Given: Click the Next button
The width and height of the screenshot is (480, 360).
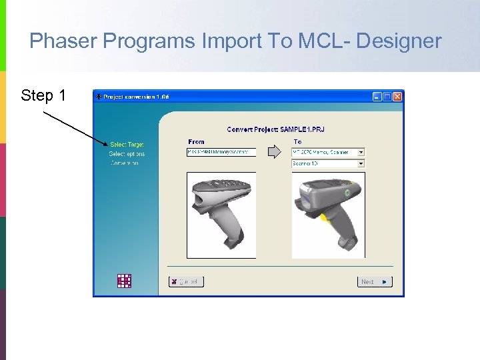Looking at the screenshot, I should point(375,282).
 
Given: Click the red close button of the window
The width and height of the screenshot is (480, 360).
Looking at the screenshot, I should point(397,97).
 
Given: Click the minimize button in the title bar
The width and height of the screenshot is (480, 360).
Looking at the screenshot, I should point(377,97).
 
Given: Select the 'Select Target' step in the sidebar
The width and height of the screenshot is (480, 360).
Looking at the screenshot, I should point(127,144).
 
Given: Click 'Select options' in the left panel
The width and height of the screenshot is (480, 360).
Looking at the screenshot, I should point(127,154).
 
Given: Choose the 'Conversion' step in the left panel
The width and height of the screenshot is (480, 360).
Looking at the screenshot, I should point(125,163).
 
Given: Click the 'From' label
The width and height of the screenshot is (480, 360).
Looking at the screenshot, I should point(197,141).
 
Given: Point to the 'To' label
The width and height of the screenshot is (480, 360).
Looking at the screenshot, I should point(297,141).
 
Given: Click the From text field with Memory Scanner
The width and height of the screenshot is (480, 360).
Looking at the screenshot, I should point(221,152).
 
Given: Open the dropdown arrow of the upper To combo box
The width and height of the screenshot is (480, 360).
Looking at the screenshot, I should point(361,152).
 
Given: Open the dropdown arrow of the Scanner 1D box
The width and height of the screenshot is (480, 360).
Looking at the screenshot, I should point(361,163).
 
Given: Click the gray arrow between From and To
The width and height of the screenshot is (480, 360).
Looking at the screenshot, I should point(274,153).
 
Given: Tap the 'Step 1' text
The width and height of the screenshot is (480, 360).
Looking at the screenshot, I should point(43,95).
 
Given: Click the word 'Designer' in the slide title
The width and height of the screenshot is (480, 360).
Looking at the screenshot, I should point(399,41).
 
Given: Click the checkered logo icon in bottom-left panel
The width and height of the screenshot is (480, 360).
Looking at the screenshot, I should point(124,281).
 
